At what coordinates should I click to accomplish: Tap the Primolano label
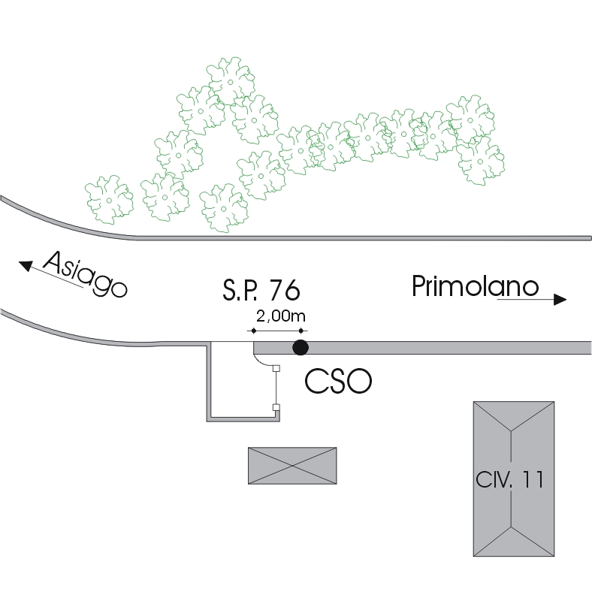point(476,286)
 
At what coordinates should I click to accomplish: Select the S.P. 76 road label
point(262,289)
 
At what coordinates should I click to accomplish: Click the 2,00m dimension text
point(277,316)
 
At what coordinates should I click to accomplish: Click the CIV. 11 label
point(509,479)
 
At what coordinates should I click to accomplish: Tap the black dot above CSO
point(301,347)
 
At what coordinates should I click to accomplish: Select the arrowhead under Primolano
point(560,300)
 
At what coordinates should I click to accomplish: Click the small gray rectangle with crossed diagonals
point(292,465)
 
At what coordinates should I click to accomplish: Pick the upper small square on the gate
point(276,368)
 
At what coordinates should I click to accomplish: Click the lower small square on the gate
point(276,408)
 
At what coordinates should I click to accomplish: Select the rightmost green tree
point(480,162)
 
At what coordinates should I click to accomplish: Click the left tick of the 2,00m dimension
point(253,331)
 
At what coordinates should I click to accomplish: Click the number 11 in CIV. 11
point(531,479)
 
